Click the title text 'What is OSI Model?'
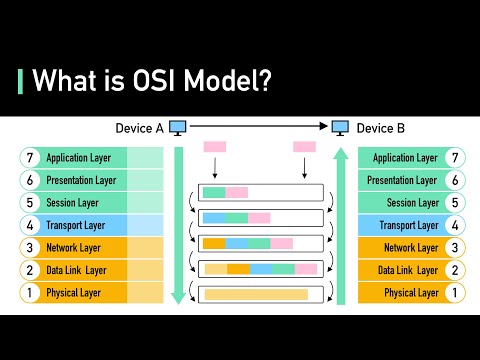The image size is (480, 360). point(152,81)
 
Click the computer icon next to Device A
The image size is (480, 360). point(178,128)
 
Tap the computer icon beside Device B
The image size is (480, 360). point(340,128)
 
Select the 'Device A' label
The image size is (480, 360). point(139,128)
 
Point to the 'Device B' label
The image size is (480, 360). point(381,128)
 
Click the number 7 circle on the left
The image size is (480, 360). point(29,158)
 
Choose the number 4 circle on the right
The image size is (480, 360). point(455,225)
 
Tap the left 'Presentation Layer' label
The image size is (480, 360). point(79,181)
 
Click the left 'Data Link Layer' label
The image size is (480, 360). point(78,270)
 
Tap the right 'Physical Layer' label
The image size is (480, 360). point(411,293)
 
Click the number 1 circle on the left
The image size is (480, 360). point(29,293)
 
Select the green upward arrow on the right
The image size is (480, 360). point(340,225)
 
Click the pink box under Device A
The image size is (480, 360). point(215,147)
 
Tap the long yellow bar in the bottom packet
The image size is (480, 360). point(255,294)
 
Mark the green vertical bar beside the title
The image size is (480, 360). point(21,80)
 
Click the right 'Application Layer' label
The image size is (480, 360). point(405,158)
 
